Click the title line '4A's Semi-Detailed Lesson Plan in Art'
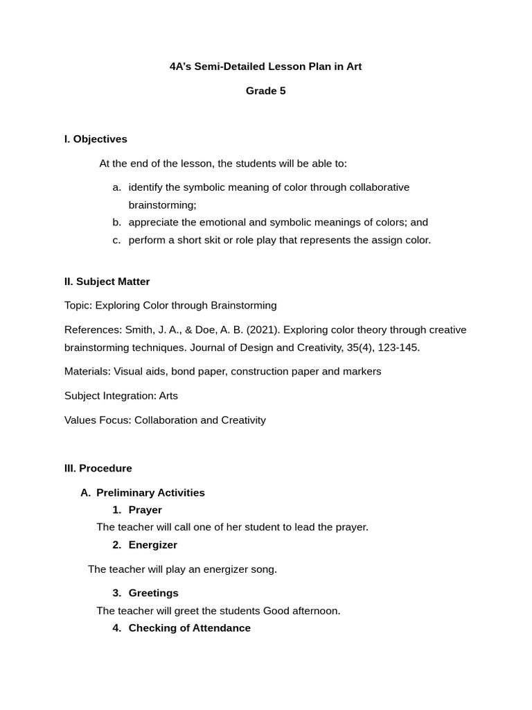click(265, 67)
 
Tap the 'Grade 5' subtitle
click(265, 91)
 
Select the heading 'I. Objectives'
click(96, 139)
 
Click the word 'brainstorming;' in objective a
click(162, 205)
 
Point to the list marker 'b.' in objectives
click(116, 223)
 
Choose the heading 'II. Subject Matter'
click(107, 282)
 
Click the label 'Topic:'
click(78, 306)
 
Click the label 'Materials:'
click(87, 372)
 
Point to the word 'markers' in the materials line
click(362, 372)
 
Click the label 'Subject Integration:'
click(110, 396)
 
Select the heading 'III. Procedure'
click(98, 469)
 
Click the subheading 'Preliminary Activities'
click(150, 493)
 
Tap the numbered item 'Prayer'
click(145, 510)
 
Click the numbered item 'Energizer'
click(152, 545)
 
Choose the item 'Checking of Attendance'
click(189, 628)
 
